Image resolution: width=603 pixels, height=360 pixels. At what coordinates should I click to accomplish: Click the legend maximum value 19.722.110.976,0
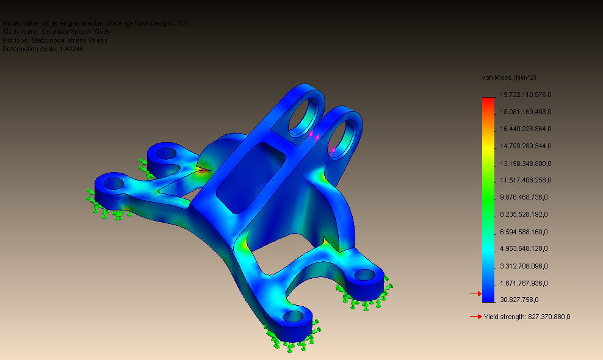pyautogui.click(x=525, y=95)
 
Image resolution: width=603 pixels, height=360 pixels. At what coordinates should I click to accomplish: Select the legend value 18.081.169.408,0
pyautogui.click(x=525, y=112)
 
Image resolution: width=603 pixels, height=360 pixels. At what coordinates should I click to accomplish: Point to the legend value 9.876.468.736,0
pyautogui.click(x=525, y=197)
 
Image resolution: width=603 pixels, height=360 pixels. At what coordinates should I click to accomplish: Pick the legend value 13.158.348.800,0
pyautogui.click(x=525, y=163)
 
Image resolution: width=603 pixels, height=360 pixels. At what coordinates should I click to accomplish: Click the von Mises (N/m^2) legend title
pyautogui.click(x=509, y=77)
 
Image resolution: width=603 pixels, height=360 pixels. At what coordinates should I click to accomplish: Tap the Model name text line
pyautogui.click(x=94, y=23)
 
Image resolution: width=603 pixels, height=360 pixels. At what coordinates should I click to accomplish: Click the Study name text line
pyautogui.click(x=56, y=32)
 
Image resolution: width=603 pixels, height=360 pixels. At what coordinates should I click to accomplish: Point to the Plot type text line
pyautogui.click(x=55, y=40)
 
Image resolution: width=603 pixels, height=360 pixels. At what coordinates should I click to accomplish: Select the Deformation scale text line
pyautogui.click(x=43, y=49)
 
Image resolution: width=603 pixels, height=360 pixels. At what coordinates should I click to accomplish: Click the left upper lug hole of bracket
pyautogui.click(x=303, y=114)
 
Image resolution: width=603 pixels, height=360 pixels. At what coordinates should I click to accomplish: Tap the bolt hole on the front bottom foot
pyautogui.click(x=294, y=317)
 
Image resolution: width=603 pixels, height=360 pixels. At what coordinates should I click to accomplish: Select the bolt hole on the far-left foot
pyautogui.click(x=112, y=182)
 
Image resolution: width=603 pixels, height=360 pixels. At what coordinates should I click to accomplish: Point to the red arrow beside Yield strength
pyautogui.click(x=475, y=317)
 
